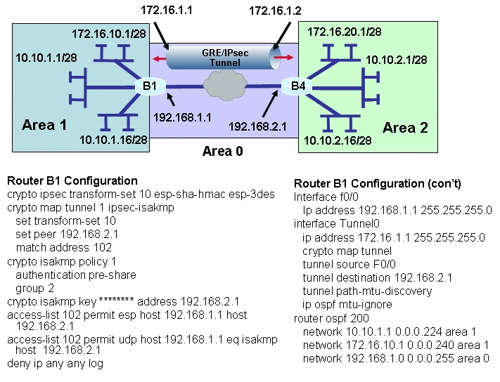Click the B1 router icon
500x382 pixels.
[150, 86]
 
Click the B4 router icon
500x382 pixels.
[297, 86]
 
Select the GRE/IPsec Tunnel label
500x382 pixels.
[225, 58]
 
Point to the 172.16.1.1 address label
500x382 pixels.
[167, 11]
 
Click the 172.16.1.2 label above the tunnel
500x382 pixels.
[275, 11]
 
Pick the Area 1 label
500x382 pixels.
[44, 125]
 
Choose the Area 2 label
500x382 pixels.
[405, 128]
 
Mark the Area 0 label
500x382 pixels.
[223, 151]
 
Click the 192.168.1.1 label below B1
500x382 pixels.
[182, 118]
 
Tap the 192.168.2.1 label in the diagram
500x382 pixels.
[257, 126]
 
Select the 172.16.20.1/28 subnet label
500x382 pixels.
[345, 32]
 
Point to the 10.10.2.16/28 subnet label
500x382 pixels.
[338, 140]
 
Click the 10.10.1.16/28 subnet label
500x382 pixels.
[113, 140]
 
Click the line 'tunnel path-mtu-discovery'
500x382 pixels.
[367, 291]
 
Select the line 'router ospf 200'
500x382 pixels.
[331, 318]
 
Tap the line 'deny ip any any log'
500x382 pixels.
[55, 363]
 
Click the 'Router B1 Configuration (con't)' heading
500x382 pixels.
[378, 183]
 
